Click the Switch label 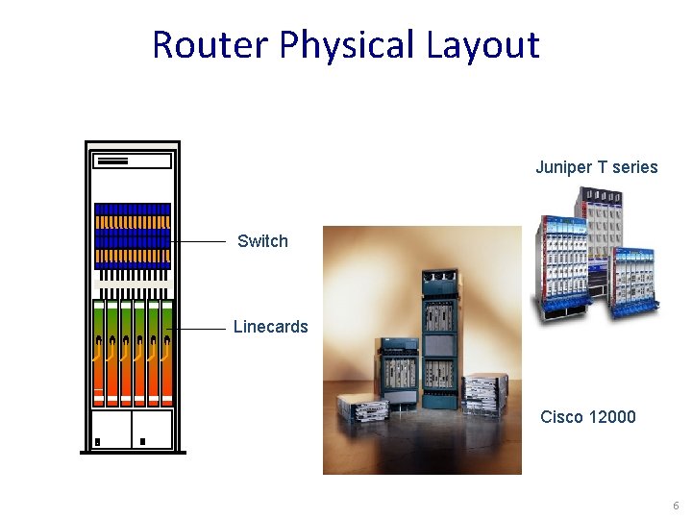point(262,241)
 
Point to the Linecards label point(270,327)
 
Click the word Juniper point(564,167)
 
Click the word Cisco point(560,416)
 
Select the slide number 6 point(676,506)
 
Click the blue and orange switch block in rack point(133,235)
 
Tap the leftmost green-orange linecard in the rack point(99,352)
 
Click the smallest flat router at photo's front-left point(362,408)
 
